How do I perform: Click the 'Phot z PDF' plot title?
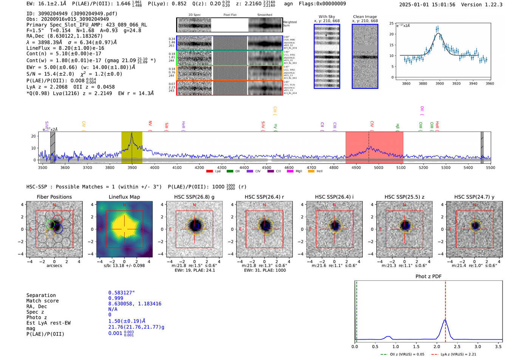pos(428,277)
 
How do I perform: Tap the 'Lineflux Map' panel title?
pos(124,197)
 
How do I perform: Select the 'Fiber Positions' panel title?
pos(54,197)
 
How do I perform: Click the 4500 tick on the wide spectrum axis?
pos(267,167)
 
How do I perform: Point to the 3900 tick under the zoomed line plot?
pos(439,83)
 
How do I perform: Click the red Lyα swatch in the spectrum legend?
pos(209,172)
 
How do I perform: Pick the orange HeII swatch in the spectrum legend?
pos(311,172)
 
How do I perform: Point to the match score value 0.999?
pos(116,298)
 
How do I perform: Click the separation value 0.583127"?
pos(121,293)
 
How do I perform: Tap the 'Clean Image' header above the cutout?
pos(365,17)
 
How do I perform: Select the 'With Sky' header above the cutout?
pos(326,17)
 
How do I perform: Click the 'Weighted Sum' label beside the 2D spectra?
pos(290,24)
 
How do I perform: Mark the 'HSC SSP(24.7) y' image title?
pos(474,197)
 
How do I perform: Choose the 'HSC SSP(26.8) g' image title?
pos(194,197)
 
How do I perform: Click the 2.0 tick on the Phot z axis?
pos(437,346)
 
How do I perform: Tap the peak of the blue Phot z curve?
pos(445,320)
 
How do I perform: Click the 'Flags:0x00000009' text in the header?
pos(322,4)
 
